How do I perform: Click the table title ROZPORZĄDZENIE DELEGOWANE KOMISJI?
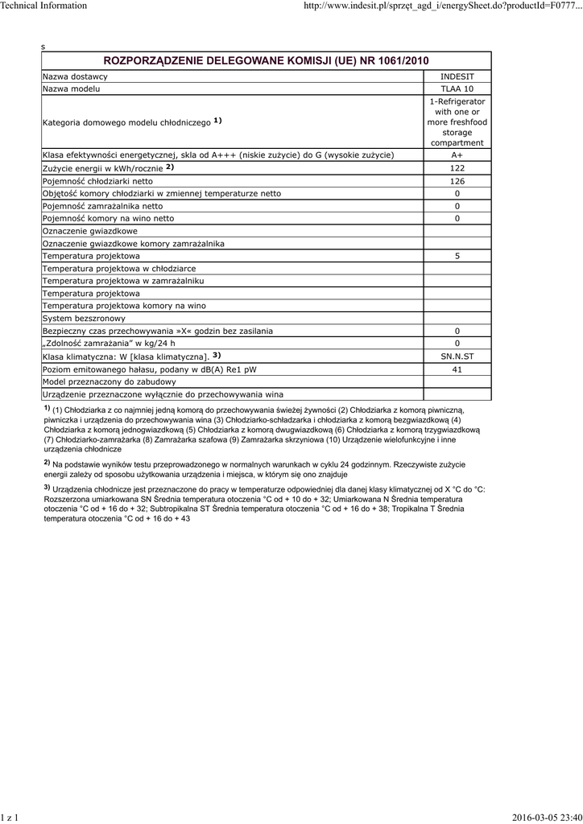[266, 61]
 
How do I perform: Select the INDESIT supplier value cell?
[457, 76]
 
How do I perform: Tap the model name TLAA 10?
[457, 89]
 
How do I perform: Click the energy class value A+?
[457, 154]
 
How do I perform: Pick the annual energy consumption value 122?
[457, 168]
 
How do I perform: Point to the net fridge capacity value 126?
[457, 181]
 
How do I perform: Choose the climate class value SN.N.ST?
[457, 356]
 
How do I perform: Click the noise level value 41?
[457, 369]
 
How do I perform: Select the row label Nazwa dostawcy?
[75, 76]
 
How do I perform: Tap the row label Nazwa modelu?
[72, 89]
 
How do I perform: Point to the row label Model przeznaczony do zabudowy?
[109, 381]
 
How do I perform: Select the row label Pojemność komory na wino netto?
[108, 218]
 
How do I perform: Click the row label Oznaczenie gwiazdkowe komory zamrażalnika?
[134, 243]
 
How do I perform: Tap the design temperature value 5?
[457, 255]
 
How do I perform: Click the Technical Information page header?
[43, 6]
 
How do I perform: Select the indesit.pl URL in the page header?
[442, 6]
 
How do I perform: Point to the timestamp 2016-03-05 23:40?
[547, 818]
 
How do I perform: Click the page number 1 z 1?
[10, 818]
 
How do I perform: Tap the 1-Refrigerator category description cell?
[457, 122]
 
